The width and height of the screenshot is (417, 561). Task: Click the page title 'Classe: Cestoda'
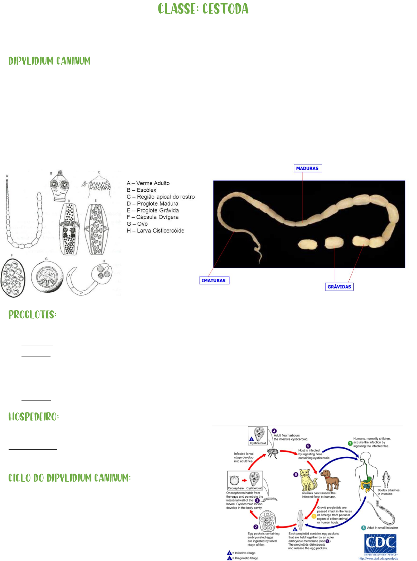point(203,9)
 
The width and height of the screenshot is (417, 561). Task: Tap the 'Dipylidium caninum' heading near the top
point(49,61)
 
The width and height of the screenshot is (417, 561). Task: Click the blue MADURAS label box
point(307,168)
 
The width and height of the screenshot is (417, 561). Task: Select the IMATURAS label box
point(214,280)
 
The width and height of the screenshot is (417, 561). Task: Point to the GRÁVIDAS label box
point(339,287)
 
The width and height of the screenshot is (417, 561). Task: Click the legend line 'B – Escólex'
point(142,190)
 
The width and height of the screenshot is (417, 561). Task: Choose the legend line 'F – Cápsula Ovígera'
point(153,217)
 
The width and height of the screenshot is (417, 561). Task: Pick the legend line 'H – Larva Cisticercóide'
point(155,231)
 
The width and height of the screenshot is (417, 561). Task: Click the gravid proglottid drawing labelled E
point(96,229)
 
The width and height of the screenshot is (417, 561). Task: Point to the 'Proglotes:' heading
point(33,315)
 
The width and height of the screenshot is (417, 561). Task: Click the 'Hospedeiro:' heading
point(34,417)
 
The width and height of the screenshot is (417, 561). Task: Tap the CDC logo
point(380,544)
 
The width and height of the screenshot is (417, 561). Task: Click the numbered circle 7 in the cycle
point(350,443)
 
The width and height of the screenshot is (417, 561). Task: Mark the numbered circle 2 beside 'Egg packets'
point(256,527)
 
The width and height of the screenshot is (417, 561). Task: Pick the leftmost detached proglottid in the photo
point(308,244)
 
